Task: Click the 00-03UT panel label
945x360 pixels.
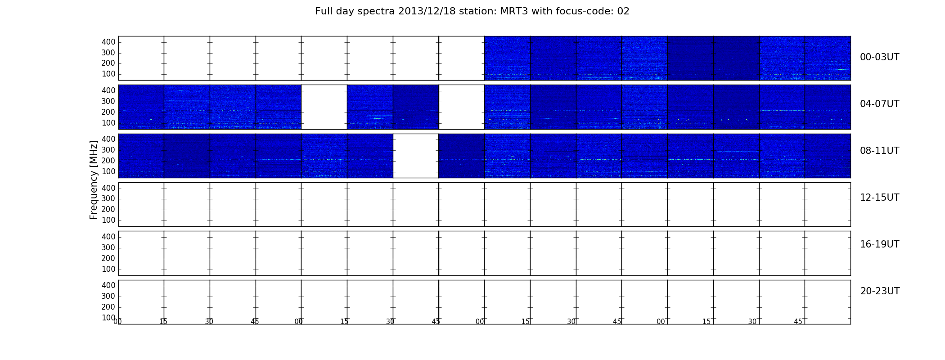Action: (879, 57)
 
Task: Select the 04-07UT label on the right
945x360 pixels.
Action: (879, 104)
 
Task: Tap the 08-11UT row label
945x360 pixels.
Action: (879, 151)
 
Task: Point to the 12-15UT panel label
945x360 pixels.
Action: (879, 198)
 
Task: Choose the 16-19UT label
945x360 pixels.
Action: (879, 244)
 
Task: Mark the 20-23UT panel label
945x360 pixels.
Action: (880, 291)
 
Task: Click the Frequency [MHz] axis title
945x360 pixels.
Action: (94, 180)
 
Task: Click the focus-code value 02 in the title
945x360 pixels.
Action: (623, 11)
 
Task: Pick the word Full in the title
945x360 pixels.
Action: (324, 11)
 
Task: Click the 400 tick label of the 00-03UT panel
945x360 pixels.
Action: (108, 42)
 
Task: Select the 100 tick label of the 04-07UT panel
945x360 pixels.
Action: (108, 123)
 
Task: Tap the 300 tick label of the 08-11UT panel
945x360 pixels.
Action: (108, 150)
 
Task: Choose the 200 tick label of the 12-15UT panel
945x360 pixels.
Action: (108, 209)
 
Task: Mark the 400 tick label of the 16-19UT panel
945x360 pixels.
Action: (108, 237)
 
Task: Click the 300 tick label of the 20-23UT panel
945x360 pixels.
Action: (108, 296)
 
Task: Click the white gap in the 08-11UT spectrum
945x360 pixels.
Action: (416, 156)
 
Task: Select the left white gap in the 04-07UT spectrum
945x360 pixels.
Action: (324, 107)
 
